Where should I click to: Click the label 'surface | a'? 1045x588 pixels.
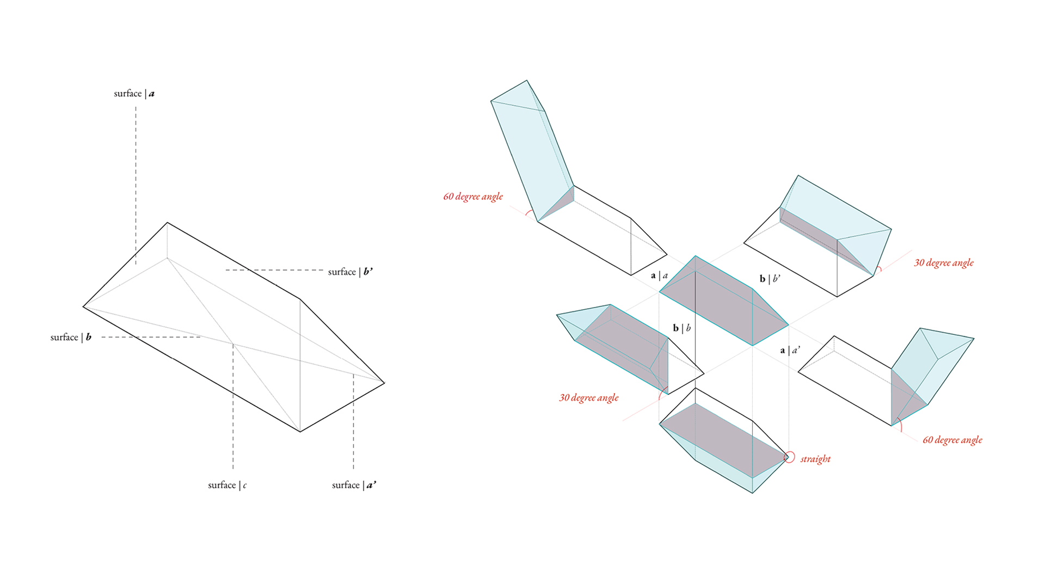[134, 94]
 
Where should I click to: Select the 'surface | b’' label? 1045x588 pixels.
[350, 272]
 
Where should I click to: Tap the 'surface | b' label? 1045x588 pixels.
[71, 337]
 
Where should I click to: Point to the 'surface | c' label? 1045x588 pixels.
[227, 485]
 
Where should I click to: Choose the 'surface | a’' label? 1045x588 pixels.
[354, 485]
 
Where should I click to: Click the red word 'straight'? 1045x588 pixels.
[815, 459]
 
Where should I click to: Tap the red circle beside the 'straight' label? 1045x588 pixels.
[789, 457]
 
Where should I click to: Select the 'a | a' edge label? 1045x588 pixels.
[659, 275]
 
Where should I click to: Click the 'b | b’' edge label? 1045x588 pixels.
[770, 279]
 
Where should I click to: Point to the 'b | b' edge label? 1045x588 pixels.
[681, 328]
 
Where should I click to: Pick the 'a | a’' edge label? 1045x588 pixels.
[790, 350]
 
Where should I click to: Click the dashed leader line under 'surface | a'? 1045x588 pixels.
[136, 185]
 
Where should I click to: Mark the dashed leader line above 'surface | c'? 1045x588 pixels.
[233, 408]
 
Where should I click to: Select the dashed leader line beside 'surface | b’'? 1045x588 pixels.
[275, 270]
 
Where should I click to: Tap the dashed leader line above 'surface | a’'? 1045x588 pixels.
[353, 422]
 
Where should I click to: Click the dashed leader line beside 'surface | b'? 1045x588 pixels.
[151, 337]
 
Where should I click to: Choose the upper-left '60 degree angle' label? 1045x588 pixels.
[472, 197]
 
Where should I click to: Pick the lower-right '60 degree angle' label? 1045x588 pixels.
[952, 440]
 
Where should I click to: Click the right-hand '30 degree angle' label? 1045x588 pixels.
[943, 263]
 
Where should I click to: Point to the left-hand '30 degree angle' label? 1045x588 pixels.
[588, 398]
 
